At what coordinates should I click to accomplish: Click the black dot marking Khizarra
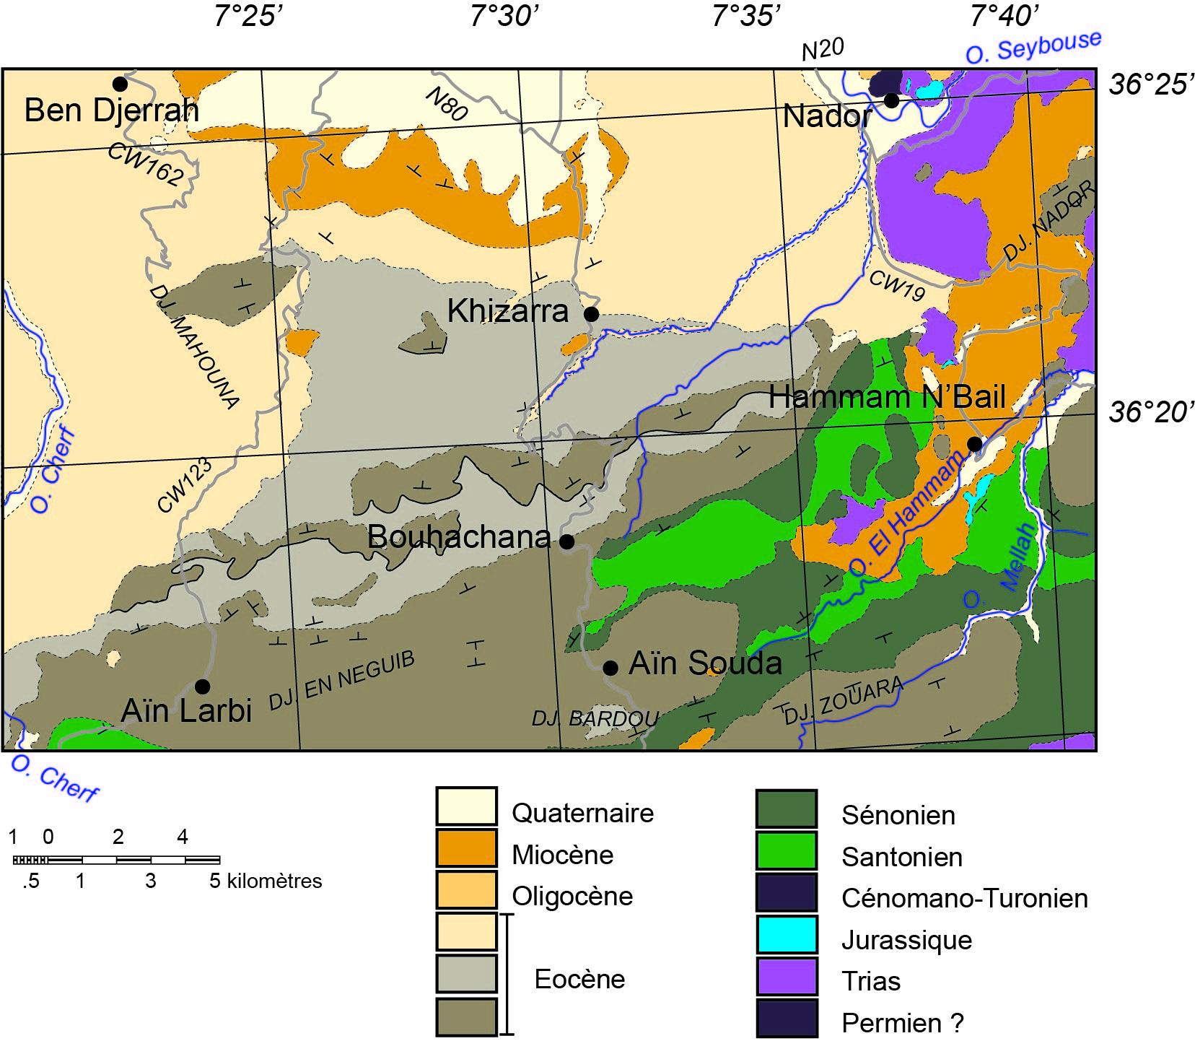pos(591,314)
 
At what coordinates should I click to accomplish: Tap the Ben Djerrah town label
pos(111,111)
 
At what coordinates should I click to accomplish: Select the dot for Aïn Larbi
pos(203,685)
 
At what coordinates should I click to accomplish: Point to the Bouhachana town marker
pos(567,541)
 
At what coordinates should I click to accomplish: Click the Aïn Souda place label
pos(705,663)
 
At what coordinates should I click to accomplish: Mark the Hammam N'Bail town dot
pos(974,443)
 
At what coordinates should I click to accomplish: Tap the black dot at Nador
pos(892,100)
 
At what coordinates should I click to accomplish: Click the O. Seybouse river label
pos(1033,48)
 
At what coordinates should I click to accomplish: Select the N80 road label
pos(446,104)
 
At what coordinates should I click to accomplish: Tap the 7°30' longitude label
pos(504,16)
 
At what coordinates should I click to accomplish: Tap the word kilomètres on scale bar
pos(274,881)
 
